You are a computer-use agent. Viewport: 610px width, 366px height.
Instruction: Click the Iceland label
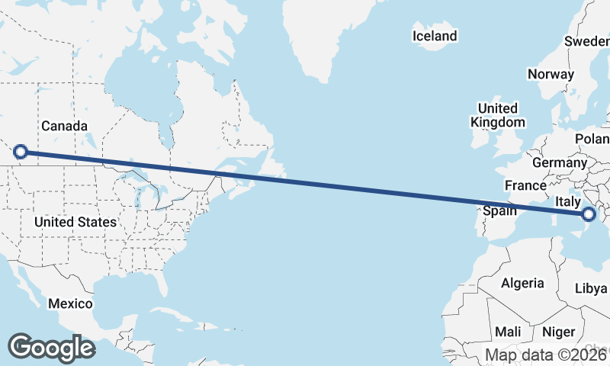[x=435, y=36]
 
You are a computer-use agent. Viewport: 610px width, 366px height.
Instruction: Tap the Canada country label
[x=64, y=126]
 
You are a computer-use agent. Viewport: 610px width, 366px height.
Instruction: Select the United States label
[x=75, y=222]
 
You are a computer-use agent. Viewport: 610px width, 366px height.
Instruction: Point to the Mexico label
[x=70, y=303]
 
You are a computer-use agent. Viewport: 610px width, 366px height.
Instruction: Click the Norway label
[x=551, y=74]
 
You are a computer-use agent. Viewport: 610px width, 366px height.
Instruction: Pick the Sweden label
[x=587, y=41]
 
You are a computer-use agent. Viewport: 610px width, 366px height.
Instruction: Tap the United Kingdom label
[x=498, y=115]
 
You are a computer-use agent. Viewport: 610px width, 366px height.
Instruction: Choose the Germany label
[x=559, y=162]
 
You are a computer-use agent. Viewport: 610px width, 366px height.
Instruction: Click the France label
[x=525, y=185]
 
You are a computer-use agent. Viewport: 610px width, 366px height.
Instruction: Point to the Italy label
[x=568, y=201]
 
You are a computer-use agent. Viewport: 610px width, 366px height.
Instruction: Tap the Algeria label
[x=522, y=283]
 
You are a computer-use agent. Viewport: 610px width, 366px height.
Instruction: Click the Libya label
[x=591, y=288]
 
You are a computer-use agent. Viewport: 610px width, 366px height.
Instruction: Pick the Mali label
[x=508, y=332]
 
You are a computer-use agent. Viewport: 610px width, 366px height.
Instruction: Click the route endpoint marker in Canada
[x=21, y=152]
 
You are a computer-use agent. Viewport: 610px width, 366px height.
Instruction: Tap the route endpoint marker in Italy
[x=588, y=215]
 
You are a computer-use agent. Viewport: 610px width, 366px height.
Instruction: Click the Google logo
[x=51, y=347]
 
